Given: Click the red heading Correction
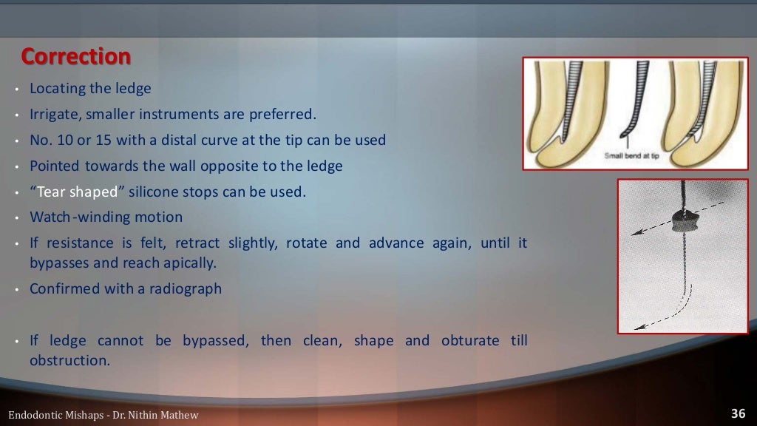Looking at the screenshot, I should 75,56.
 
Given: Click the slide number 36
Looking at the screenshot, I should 738,413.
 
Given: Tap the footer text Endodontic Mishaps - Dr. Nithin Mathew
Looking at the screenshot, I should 103,415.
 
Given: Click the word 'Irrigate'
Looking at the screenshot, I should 53,114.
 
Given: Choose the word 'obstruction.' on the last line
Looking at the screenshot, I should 69,360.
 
